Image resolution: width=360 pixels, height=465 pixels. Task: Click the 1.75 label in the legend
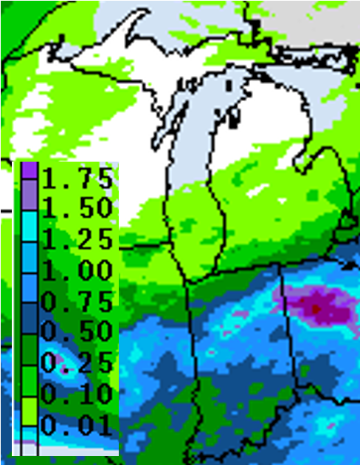tap(77, 178)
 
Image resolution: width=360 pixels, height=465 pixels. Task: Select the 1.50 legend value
tap(77, 208)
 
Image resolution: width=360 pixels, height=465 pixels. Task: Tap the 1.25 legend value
tap(77, 239)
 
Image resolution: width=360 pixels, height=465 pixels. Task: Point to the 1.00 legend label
tap(77, 270)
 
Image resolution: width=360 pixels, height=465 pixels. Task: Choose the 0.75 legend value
tap(77, 301)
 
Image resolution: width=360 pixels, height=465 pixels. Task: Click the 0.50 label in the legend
tap(77, 331)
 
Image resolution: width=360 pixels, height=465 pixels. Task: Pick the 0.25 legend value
tap(77, 362)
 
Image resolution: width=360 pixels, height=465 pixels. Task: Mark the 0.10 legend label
tap(77, 393)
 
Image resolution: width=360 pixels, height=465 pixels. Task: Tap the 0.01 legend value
tap(77, 424)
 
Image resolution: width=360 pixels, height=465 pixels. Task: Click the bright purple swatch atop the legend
tap(28, 170)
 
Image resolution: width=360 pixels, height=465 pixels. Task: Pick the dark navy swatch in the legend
tap(28, 317)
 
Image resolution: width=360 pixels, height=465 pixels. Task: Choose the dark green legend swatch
tap(28, 347)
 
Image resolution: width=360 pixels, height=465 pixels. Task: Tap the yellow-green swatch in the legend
tap(28, 409)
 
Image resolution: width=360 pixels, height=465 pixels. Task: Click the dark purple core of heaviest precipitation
tap(317, 306)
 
